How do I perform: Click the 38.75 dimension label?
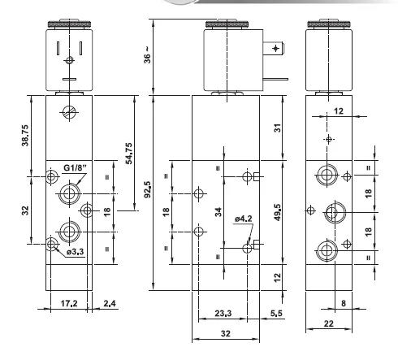click(x=25, y=136)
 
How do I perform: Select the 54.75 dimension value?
click(x=129, y=154)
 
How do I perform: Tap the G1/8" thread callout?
click(x=76, y=168)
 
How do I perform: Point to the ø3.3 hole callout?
click(x=76, y=252)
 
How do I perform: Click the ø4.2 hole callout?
click(x=244, y=219)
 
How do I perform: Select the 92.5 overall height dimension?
click(x=148, y=189)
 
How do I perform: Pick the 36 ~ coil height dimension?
click(x=147, y=55)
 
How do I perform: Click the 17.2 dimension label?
click(x=69, y=303)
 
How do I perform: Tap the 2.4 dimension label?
click(x=110, y=303)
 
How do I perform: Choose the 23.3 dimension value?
click(x=223, y=314)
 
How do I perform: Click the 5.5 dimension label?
click(x=276, y=314)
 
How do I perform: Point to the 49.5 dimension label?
click(x=278, y=212)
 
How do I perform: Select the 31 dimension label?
click(x=278, y=128)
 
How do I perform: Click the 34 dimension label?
click(x=218, y=212)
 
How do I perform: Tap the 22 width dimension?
click(x=328, y=323)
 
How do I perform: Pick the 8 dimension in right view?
click(x=344, y=303)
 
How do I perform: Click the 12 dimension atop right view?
click(x=339, y=111)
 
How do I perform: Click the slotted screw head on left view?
click(x=69, y=112)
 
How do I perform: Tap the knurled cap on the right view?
click(x=329, y=24)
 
